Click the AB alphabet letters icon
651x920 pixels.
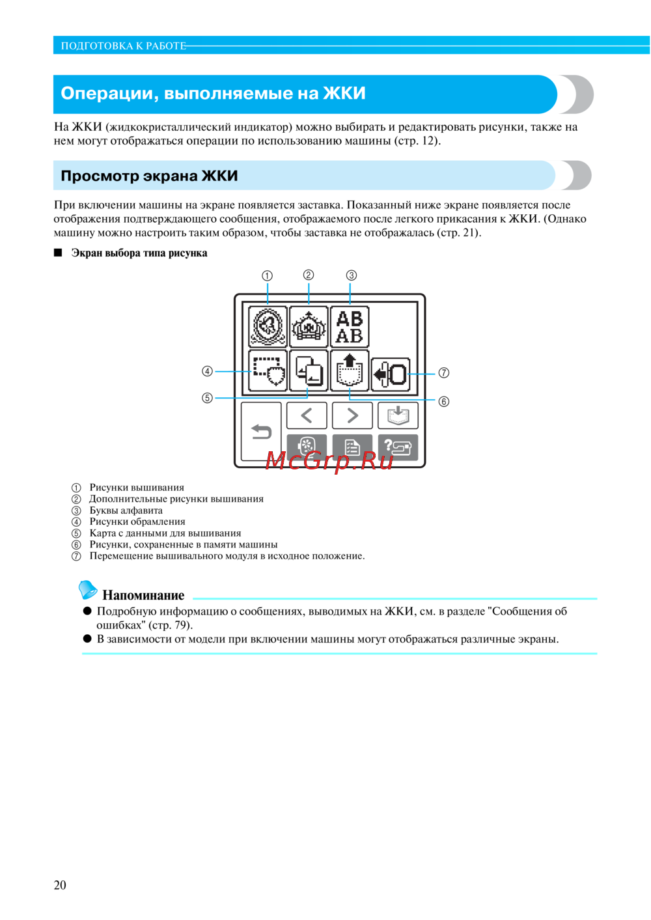click(350, 327)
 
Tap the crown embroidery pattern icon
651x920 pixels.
click(309, 327)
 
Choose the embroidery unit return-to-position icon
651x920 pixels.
click(391, 374)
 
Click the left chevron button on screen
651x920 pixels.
click(307, 415)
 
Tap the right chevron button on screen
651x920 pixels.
click(352, 415)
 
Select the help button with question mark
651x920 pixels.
click(398, 447)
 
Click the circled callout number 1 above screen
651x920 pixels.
click(267, 275)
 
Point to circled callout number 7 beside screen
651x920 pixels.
click(443, 373)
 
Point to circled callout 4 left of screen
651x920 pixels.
click(207, 371)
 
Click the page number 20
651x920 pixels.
click(60, 885)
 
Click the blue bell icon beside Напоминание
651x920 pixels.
click(88, 589)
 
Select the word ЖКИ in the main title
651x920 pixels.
click(344, 93)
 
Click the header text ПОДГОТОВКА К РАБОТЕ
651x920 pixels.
click(123, 46)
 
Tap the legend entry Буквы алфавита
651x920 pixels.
click(126, 510)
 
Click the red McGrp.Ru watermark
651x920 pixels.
click(329, 460)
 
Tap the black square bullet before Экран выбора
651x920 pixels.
click(58, 253)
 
